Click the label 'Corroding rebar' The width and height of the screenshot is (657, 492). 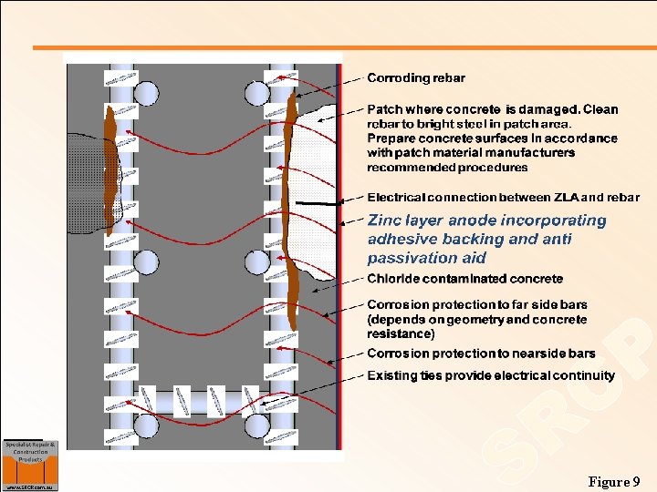coord(415,78)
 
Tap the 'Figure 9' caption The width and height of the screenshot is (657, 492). coord(614,481)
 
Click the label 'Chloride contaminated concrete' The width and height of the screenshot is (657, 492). coord(464,279)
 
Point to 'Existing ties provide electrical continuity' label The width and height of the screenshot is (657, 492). coord(490,375)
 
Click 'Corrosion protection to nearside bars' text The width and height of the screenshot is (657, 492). coord(481,354)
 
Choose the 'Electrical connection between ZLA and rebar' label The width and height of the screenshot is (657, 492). coord(503,197)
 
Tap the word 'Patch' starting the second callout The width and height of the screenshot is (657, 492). coord(384,109)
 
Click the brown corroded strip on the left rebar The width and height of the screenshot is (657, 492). coord(110,173)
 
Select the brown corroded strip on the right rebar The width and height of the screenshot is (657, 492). coord(291,210)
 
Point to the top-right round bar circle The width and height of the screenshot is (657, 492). coord(256,93)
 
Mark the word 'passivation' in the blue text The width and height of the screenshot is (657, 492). coord(406,258)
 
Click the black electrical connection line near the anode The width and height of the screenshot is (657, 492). coord(315,203)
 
